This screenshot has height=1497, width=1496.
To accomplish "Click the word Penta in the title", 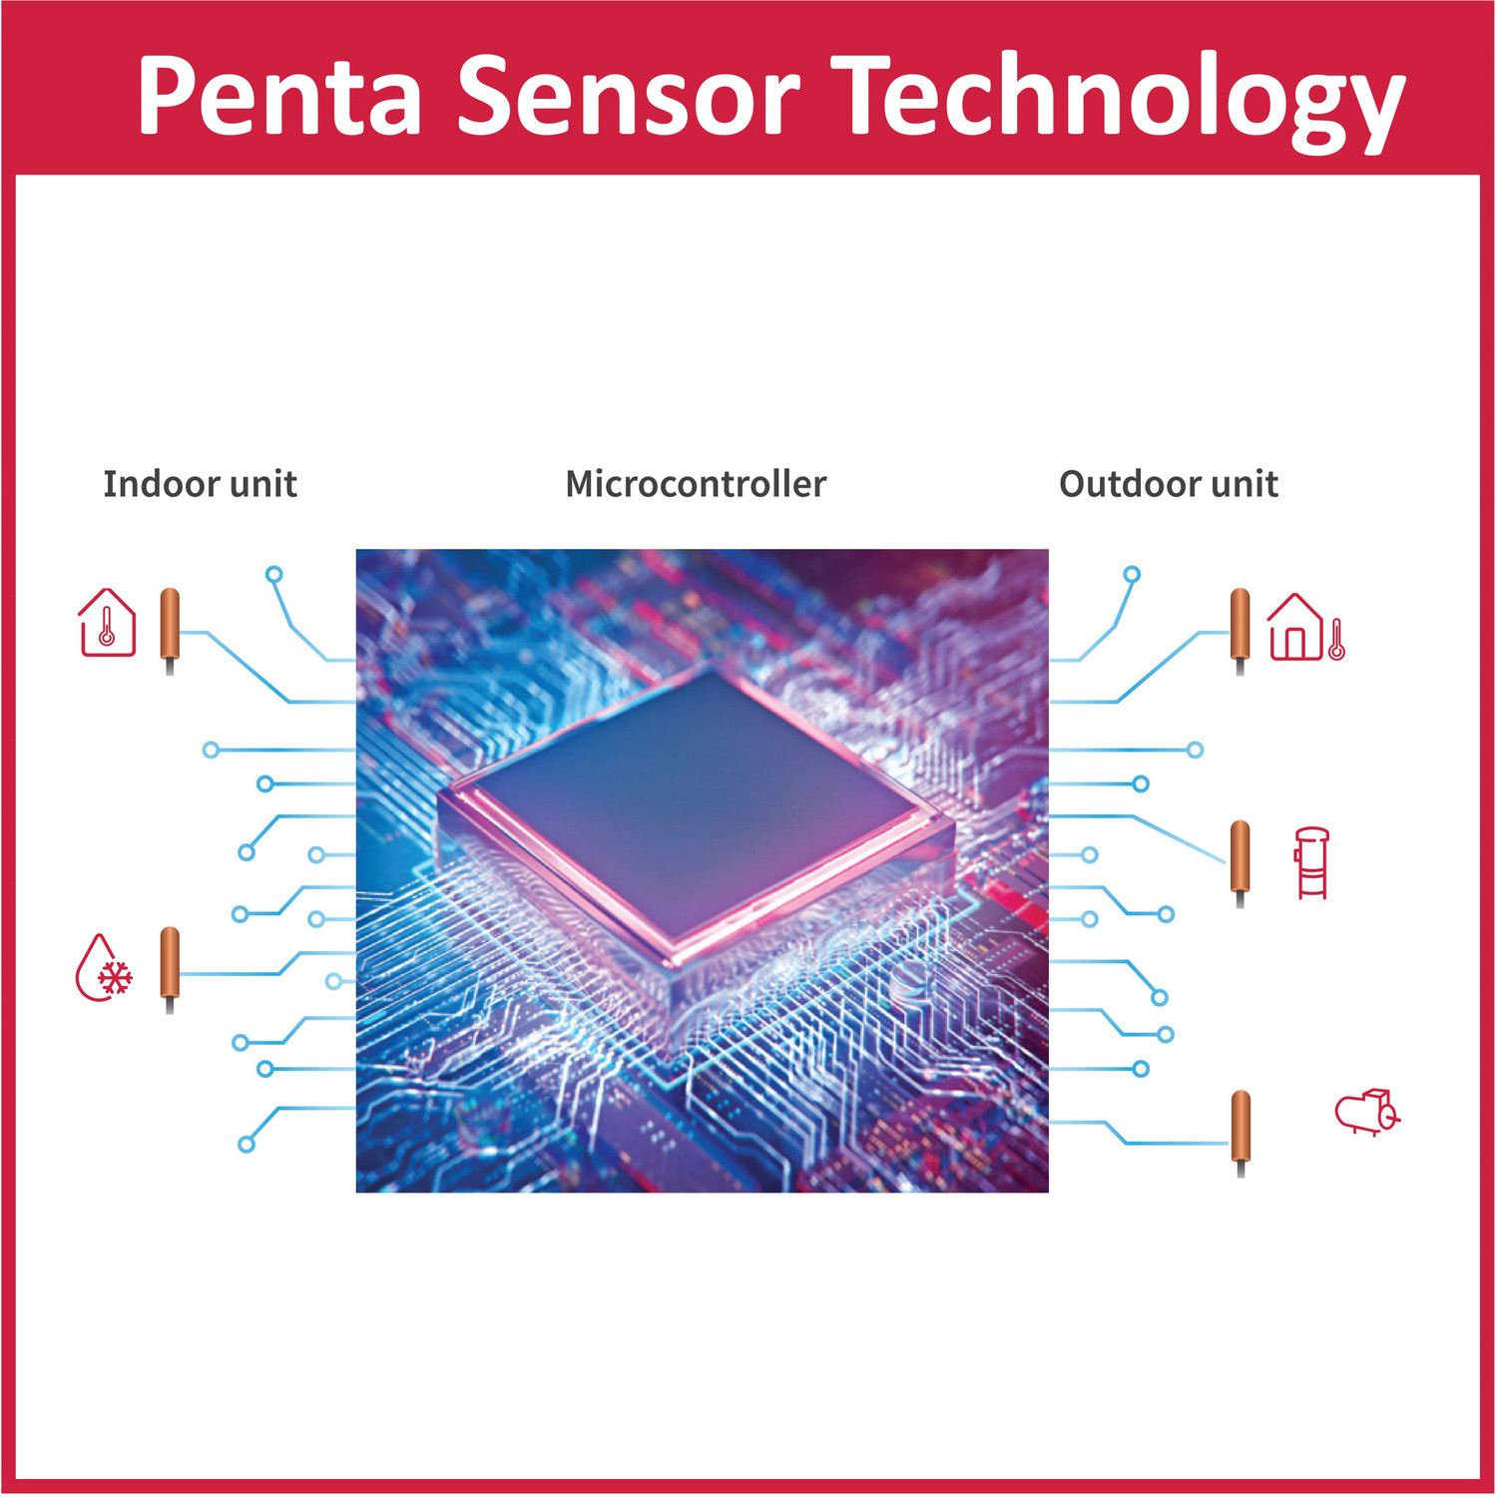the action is tap(280, 96).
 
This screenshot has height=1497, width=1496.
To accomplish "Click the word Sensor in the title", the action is tap(630, 96).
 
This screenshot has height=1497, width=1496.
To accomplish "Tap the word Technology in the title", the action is tap(1119, 100).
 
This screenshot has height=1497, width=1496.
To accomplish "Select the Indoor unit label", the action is tap(201, 484).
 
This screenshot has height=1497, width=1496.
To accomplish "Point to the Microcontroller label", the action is tap(696, 484).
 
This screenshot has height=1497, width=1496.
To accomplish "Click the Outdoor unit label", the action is tap(1169, 484).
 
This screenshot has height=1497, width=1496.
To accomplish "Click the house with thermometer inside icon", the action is tap(107, 623).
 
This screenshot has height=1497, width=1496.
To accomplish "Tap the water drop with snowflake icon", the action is tap(105, 967).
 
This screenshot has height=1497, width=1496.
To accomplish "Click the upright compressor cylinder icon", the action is tap(1312, 863).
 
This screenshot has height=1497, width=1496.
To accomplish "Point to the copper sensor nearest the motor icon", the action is tap(1241, 1134).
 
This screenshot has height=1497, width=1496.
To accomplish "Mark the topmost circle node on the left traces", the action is tap(274, 574).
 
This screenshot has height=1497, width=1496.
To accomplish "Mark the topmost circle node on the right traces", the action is tap(1132, 574).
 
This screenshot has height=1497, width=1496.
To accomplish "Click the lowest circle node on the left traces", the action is tap(247, 1145).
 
